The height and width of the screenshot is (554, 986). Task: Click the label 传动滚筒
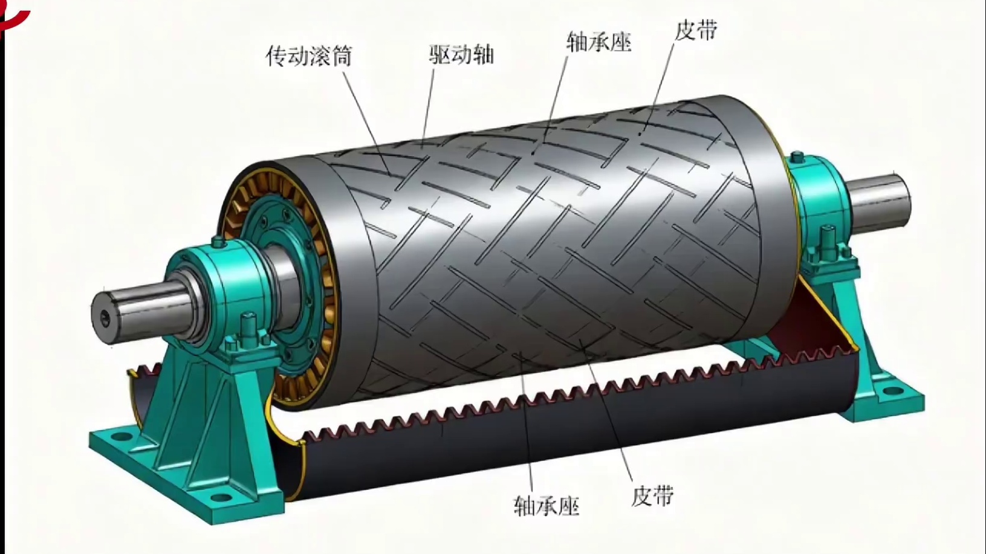[309, 56]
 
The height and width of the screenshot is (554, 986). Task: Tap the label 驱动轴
[462, 55]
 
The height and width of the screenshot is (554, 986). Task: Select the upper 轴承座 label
[599, 42]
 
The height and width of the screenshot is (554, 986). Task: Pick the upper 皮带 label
[696, 30]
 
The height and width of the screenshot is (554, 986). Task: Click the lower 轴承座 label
[547, 506]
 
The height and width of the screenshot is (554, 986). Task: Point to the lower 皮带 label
[653, 495]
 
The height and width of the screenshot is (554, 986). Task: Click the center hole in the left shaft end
[105, 318]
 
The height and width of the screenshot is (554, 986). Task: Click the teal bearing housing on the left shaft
[220, 286]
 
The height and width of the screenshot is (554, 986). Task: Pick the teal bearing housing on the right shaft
[819, 202]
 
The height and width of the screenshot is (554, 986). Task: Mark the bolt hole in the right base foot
[891, 391]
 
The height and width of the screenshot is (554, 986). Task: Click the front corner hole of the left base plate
[222, 498]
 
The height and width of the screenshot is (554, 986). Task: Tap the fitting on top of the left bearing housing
[218, 241]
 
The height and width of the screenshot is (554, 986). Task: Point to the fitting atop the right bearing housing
[797, 158]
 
